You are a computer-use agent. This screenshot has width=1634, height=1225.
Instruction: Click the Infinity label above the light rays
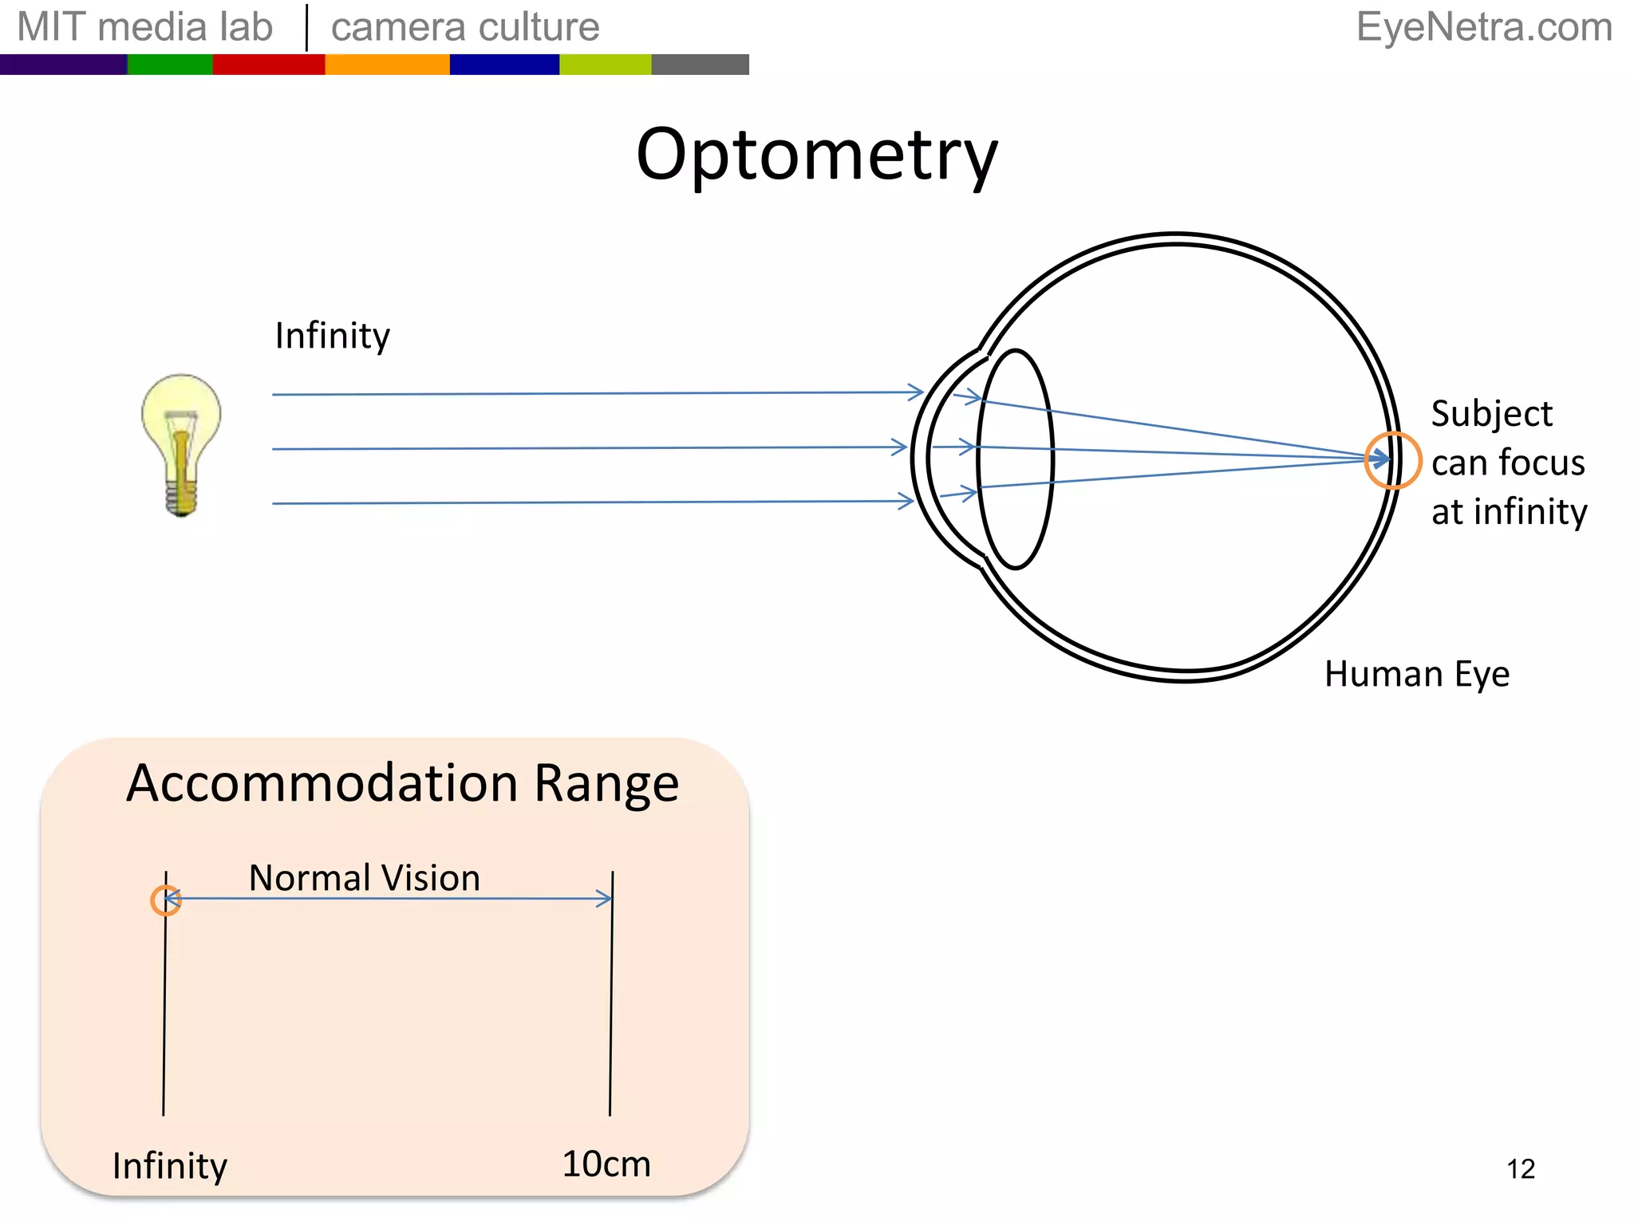(332, 335)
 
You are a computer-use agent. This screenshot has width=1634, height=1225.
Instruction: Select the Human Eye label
(1416, 674)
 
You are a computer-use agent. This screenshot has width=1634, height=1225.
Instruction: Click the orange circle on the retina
(1391, 459)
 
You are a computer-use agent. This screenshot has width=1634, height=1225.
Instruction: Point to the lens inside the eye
(1015, 459)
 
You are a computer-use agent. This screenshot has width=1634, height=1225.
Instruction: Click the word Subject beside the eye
(1491, 413)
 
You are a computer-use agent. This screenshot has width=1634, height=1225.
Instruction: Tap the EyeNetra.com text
(1484, 27)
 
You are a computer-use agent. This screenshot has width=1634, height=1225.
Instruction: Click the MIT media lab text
(144, 27)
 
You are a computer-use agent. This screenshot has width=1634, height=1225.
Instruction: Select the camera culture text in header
(465, 27)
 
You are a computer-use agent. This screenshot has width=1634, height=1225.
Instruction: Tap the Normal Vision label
(365, 877)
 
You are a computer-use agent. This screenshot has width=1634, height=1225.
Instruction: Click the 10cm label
(606, 1164)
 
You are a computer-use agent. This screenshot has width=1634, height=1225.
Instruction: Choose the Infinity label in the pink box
(170, 1165)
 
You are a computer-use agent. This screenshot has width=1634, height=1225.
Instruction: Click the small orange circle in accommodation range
(166, 900)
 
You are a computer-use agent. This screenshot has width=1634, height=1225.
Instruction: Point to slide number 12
(1521, 1168)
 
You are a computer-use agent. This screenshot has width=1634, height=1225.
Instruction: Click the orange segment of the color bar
(387, 65)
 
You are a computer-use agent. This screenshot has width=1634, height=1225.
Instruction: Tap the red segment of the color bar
(268, 65)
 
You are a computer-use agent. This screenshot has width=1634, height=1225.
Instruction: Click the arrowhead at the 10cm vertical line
(606, 899)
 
